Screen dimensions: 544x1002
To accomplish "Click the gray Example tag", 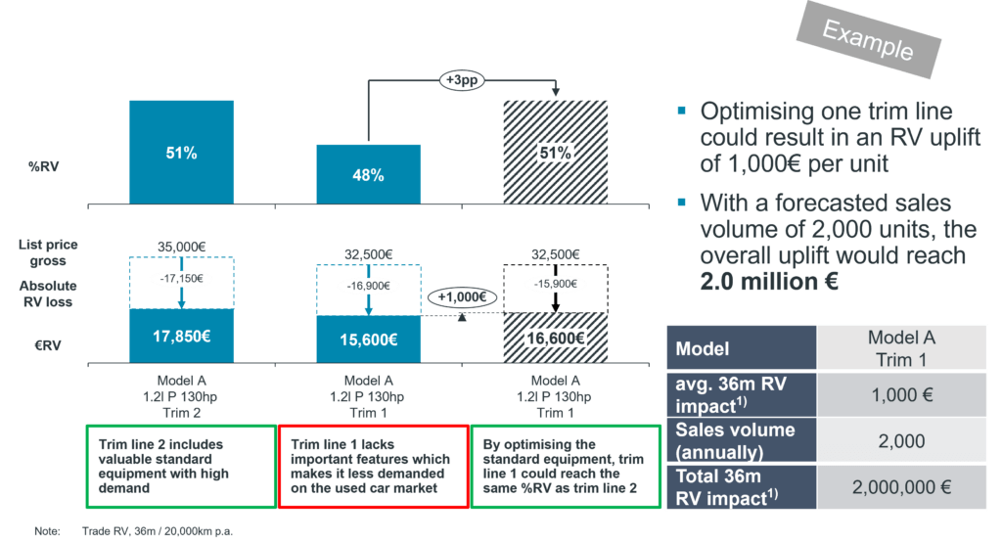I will click(868, 40).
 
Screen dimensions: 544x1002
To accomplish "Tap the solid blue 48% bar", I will click(369, 174).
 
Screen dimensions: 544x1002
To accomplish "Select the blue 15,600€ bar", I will click(369, 340).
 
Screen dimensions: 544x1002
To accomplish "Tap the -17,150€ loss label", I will click(182, 277).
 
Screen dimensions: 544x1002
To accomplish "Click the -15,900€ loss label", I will click(554, 284).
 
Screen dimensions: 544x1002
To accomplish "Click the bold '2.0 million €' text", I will click(768, 281).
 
